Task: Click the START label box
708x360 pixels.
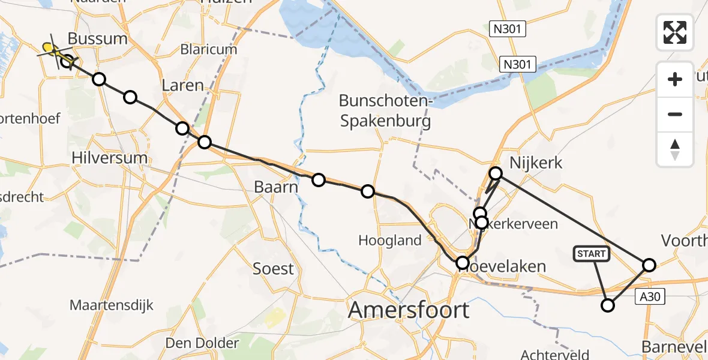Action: pos(592,254)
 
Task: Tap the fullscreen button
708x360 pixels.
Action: pos(675,32)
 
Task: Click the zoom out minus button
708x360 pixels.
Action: pos(675,114)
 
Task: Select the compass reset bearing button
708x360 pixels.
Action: pos(675,149)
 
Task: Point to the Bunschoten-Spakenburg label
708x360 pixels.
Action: pos(386,111)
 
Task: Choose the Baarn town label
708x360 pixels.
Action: pos(276,187)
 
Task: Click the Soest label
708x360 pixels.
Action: pos(273,268)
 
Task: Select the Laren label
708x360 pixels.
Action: pos(183,85)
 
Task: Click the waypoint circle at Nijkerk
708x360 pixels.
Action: pos(496,173)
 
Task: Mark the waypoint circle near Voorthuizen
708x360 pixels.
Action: pos(649,265)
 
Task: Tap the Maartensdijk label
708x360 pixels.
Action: pos(112,305)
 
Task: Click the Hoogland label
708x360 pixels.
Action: pos(390,241)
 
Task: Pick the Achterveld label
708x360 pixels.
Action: pos(552,353)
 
